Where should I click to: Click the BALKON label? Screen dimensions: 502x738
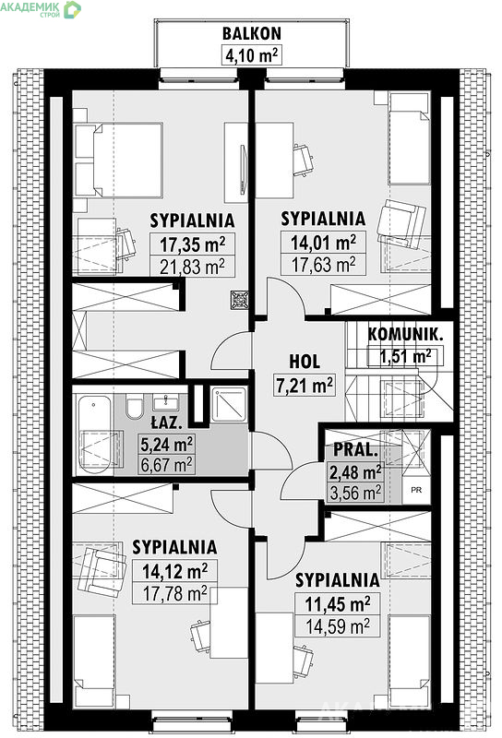[252, 33]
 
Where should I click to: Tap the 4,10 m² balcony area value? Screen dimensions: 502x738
[251, 55]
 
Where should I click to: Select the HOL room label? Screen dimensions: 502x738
[305, 362]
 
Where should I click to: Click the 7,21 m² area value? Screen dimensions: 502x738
[305, 385]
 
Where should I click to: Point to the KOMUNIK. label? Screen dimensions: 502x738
[405, 335]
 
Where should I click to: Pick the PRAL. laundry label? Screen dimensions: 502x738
[355, 450]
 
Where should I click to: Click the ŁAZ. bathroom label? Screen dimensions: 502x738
[166, 423]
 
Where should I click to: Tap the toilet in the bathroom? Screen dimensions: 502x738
[134, 408]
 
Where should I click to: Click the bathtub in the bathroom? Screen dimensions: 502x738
[95, 434]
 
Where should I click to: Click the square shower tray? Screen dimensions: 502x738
[229, 405]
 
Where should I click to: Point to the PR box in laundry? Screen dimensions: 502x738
[416, 490]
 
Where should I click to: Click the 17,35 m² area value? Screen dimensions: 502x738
[192, 244]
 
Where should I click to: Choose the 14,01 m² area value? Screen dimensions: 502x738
[323, 243]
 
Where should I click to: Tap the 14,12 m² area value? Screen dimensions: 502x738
[174, 571]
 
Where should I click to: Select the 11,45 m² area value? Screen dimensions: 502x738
[337, 604]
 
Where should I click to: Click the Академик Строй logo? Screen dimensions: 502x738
[41, 9]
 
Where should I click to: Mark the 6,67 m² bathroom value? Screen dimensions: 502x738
[167, 466]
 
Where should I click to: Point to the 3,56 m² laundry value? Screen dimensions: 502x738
[356, 494]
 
